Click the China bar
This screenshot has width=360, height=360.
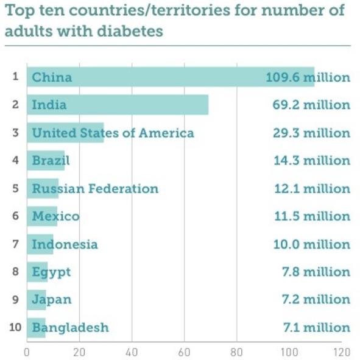click(171, 77)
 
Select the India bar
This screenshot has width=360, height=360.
click(118, 105)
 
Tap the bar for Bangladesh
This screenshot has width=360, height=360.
click(36, 328)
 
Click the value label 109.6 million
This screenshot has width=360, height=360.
click(308, 77)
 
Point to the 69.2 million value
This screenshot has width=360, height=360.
click(311, 105)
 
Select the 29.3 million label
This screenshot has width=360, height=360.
click(311, 133)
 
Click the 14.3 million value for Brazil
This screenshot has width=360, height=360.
click(312, 160)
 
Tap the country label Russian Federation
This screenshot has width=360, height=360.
click(95, 189)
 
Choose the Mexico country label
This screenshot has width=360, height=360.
click(56, 216)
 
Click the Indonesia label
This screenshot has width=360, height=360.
click(65, 244)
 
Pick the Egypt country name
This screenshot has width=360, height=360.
click(51, 272)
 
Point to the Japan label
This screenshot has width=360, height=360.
click(52, 300)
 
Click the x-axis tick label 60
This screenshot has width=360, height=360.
click(184, 352)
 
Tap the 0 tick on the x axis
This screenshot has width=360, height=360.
click(27, 352)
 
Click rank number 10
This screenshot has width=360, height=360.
click(15, 327)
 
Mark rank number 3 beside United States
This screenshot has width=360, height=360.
click(15, 132)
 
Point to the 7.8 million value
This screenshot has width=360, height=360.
click(316, 272)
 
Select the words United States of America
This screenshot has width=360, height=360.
click(113, 133)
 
